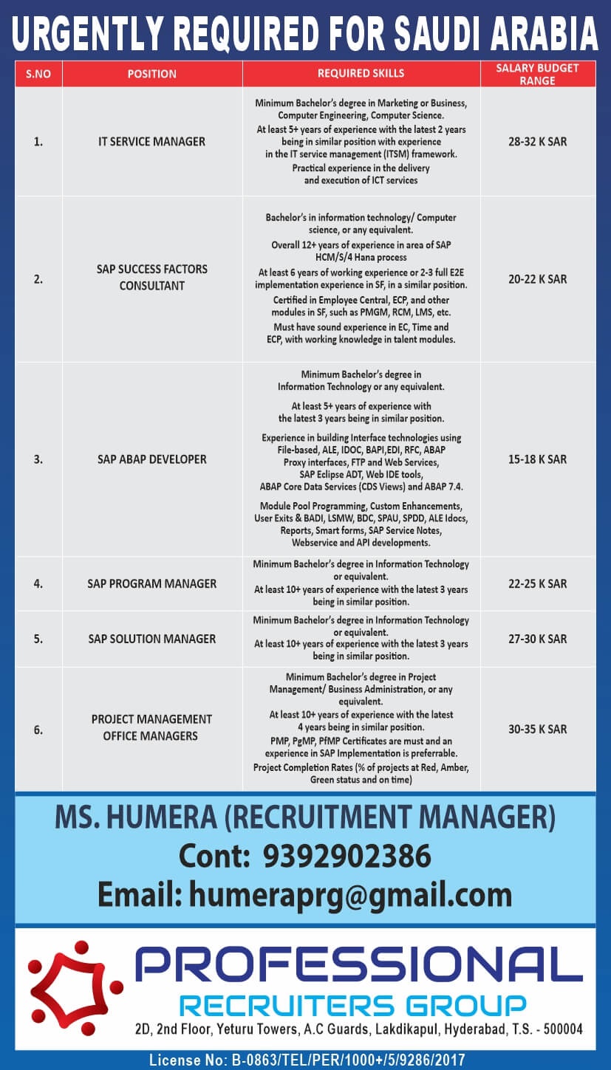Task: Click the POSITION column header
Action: (x=151, y=74)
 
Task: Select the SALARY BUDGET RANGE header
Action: (x=537, y=74)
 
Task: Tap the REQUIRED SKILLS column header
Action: (x=361, y=74)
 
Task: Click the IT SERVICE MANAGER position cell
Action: (x=151, y=141)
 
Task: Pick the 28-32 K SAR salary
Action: (x=537, y=141)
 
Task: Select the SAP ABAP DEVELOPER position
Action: (x=151, y=459)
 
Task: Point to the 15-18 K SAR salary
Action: (x=537, y=459)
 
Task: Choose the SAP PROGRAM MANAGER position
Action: (x=151, y=583)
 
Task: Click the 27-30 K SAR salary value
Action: (x=537, y=639)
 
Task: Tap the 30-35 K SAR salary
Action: (x=537, y=729)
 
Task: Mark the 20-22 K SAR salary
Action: (x=537, y=279)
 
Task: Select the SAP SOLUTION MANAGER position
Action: (x=151, y=639)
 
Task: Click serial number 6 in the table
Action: (x=38, y=730)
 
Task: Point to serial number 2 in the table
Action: (x=38, y=279)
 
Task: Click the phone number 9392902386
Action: (x=347, y=857)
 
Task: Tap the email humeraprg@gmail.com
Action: (x=350, y=894)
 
